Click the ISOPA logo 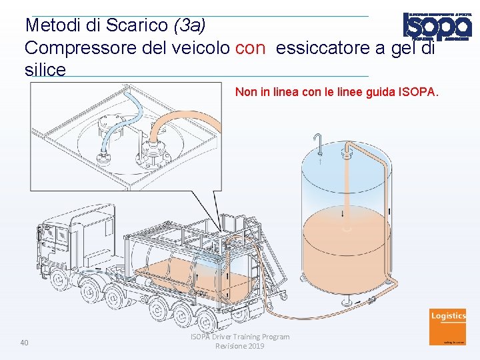coord(437,27)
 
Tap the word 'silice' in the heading coord(45,69)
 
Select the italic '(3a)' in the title coord(189,25)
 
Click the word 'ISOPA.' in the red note coord(419,92)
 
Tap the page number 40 coord(25,343)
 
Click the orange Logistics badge coord(448,325)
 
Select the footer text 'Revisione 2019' coord(240,346)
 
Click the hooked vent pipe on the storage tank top coord(319,141)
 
